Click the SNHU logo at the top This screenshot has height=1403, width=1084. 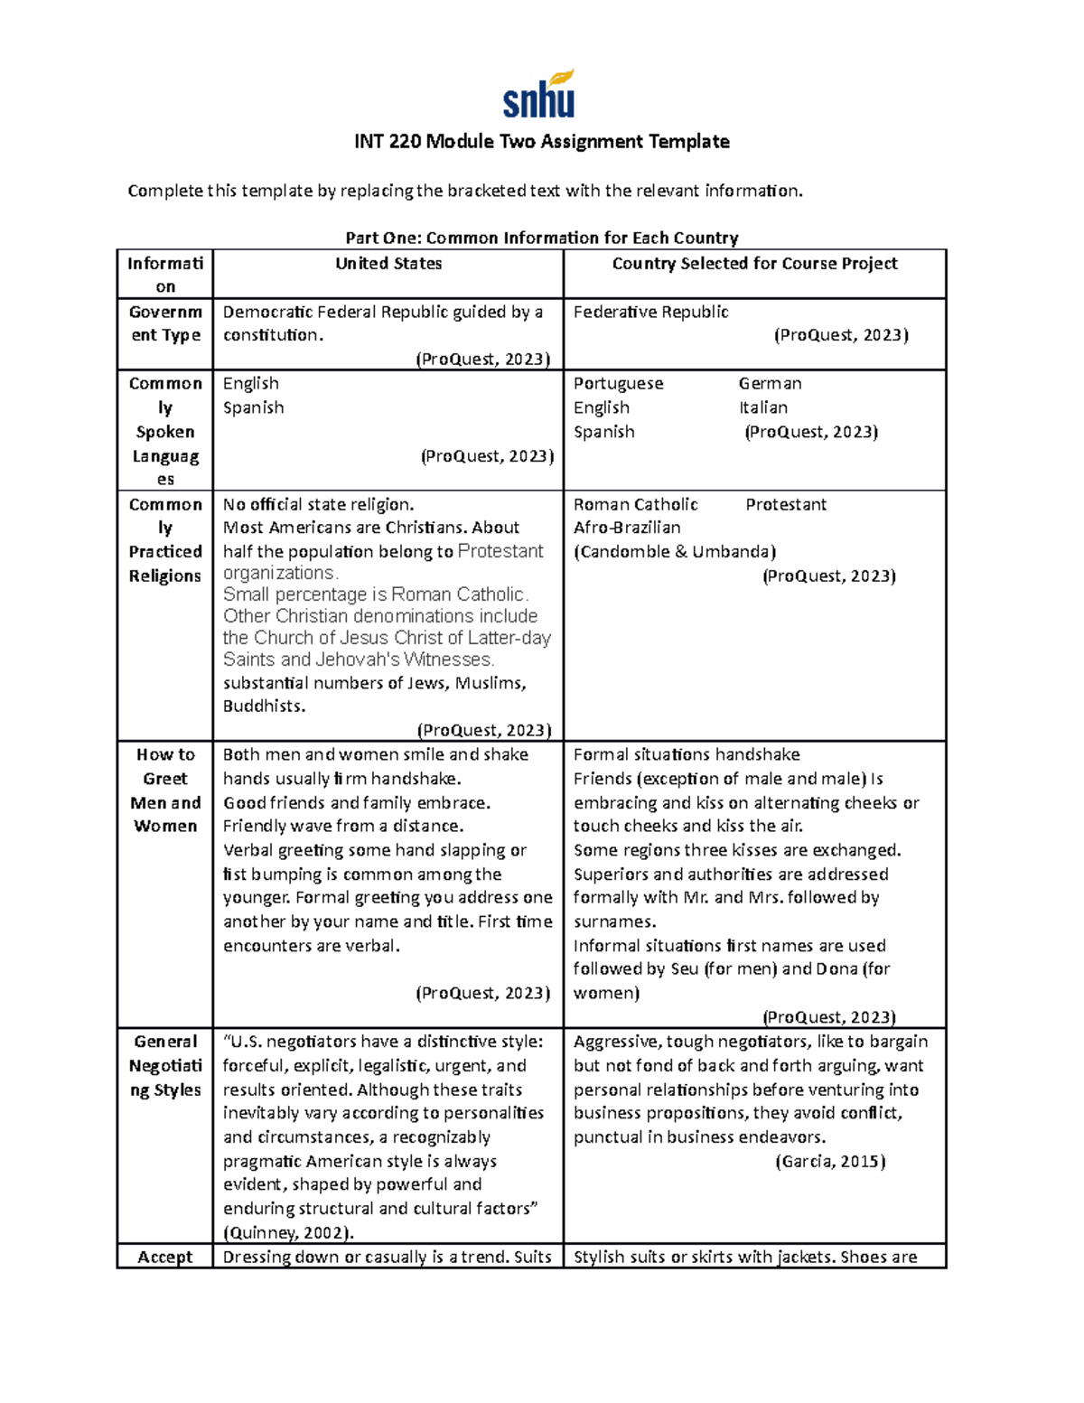pos(539,95)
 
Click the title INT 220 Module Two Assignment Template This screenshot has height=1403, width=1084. pos(541,142)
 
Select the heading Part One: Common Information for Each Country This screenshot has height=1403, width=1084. pos(541,238)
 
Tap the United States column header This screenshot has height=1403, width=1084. pos(388,264)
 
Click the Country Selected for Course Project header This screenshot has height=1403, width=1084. pos(754,264)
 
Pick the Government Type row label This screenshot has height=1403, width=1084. pos(165,323)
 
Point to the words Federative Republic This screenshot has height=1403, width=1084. pos(650,312)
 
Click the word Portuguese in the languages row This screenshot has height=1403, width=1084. pos(618,383)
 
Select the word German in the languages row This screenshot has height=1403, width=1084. pos(770,383)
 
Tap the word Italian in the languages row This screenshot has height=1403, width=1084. pos(762,407)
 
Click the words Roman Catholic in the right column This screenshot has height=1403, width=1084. pos(635,504)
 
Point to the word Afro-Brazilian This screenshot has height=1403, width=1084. pos(627,528)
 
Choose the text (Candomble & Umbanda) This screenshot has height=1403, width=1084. pos(674,552)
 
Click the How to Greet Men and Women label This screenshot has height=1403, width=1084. pos(165,790)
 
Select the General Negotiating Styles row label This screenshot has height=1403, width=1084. pos(165,1065)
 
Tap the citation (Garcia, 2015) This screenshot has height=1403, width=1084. pos(830,1162)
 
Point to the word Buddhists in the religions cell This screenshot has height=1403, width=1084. pos(264,706)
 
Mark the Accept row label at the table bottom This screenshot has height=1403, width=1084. pos(165,1257)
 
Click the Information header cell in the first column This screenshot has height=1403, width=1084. pos(165,275)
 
